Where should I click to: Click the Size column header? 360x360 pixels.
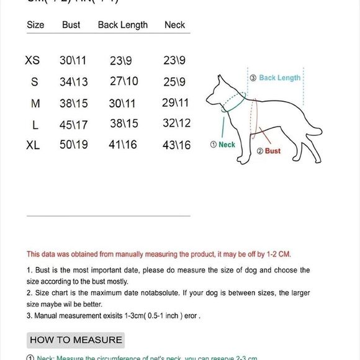click(x=36, y=25)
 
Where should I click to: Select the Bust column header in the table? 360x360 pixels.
click(x=71, y=25)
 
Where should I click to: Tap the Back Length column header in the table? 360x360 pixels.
click(x=123, y=25)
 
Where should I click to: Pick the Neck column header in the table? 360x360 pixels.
click(x=175, y=25)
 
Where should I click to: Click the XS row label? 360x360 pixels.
click(x=32, y=61)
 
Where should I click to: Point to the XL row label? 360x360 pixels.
click(x=33, y=145)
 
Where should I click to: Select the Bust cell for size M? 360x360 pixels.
click(x=74, y=103)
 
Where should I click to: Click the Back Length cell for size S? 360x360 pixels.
click(x=124, y=81)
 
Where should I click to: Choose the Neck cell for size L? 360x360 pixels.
click(x=176, y=123)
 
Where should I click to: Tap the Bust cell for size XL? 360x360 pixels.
click(x=74, y=145)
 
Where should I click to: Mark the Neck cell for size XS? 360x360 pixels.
click(x=174, y=61)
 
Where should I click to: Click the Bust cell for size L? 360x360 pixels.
click(x=74, y=124)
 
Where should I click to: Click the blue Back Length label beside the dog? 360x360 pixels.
click(x=279, y=78)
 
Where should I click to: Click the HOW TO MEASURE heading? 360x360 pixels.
click(x=76, y=340)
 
